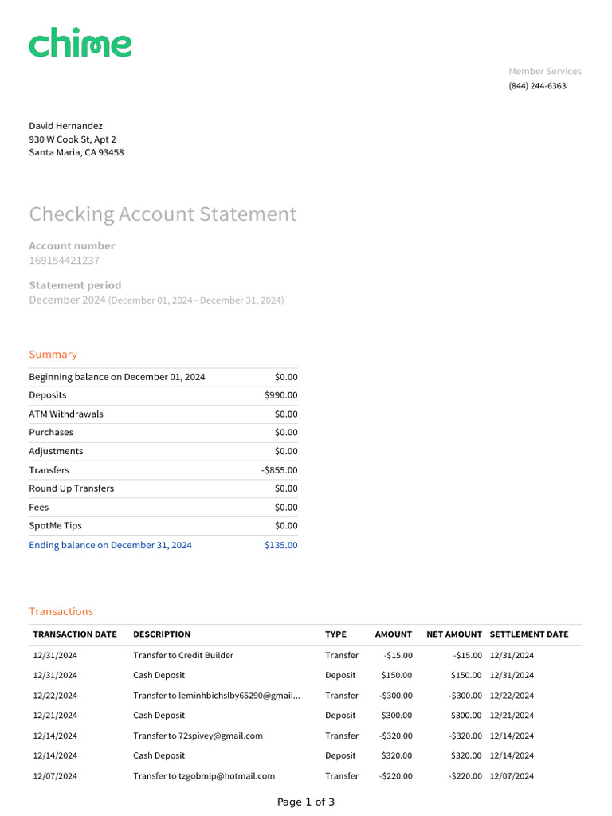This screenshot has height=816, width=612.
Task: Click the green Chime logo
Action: coord(80,44)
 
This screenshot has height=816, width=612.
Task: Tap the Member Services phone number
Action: coord(537,86)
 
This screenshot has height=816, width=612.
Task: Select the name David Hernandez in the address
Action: coord(65,126)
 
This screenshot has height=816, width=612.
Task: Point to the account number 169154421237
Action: coord(64,261)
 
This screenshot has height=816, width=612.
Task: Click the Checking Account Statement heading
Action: coord(163,214)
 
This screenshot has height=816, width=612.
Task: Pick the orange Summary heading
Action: coord(53,355)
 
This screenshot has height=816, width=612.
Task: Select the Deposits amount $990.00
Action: coord(280,395)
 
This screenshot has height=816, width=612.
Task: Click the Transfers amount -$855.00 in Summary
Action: coord(279,470)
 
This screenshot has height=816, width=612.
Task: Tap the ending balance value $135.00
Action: coord(280,545)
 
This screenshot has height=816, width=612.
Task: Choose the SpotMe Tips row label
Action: coord(55,526)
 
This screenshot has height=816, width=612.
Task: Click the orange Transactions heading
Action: coord(61,612)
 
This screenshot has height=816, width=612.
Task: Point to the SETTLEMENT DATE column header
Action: coord(529,634)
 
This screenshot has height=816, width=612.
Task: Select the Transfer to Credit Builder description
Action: coord(183,656)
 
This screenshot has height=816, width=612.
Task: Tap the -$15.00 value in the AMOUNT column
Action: coord(398,656)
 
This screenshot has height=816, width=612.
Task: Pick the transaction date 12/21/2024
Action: coord(55,716)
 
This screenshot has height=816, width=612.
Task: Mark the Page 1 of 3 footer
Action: coord(306,802)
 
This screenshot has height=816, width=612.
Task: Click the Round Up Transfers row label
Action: coord(71,488)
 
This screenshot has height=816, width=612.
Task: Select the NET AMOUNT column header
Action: coord(454,634)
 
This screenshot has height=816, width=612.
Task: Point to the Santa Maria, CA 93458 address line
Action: coord(76,153)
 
